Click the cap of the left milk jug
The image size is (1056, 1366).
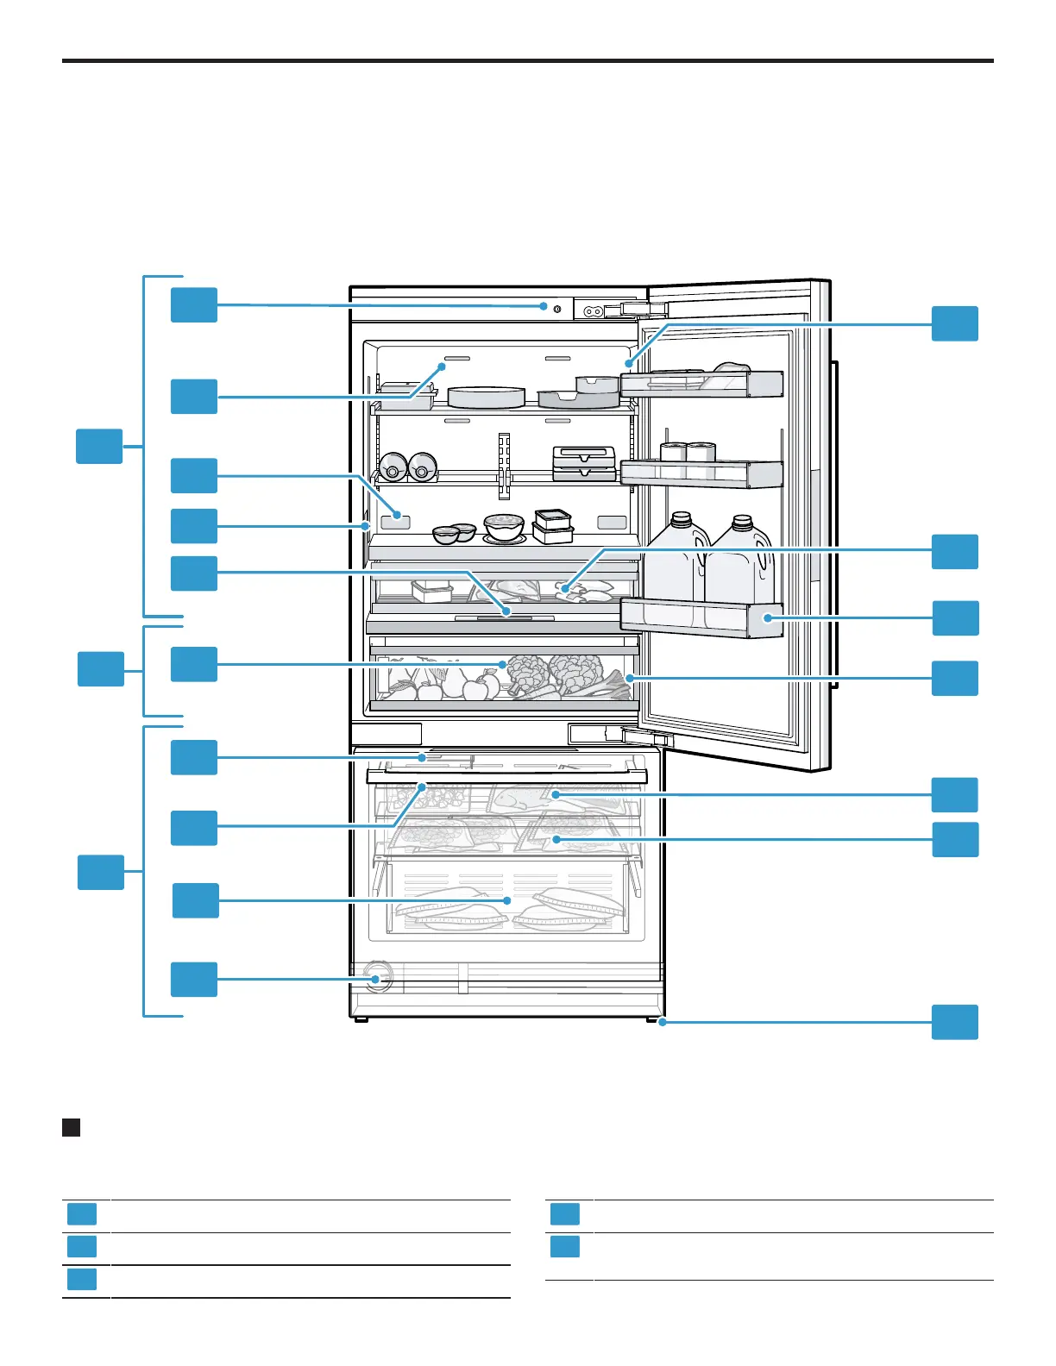(x=682, y=519)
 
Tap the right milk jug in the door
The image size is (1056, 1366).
(x=741, y=561)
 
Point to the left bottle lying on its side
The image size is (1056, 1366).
(x=393, y=467)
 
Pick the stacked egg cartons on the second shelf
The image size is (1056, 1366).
(x=584, y=463)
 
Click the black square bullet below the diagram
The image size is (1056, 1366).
(x=72, y=1127)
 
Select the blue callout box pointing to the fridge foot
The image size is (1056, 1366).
(x=955, y=1022)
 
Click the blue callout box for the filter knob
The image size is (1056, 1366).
(x=194, y=979)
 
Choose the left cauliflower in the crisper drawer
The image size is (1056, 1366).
(x=527, y=673)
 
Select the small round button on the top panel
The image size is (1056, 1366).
(x=557, y=308)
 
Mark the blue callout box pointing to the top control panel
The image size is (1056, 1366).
(x=194, y=305)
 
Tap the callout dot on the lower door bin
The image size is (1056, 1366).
(x=766, y=617)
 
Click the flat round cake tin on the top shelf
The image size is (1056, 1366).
(x=487, y=397)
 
